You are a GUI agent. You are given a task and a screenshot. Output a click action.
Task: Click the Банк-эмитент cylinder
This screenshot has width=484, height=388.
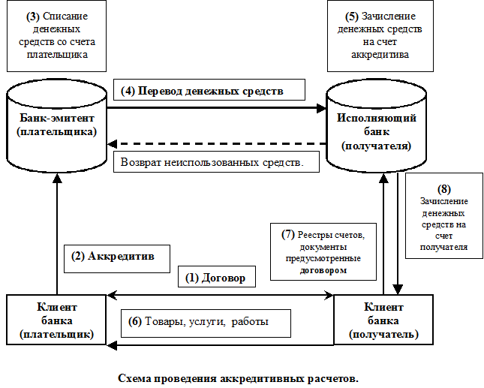click(57, 126)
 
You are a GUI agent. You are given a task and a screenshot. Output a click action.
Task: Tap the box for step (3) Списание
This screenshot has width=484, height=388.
click(57, 35)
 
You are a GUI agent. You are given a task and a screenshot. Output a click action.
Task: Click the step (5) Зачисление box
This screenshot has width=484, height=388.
click(379, 35)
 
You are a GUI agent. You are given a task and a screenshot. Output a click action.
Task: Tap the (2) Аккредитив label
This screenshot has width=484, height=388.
click(113, 256)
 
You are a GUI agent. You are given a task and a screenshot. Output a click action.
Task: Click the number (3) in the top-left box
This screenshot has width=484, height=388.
click(33, 16)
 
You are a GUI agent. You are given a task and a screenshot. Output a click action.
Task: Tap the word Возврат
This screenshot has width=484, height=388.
click(140, 162)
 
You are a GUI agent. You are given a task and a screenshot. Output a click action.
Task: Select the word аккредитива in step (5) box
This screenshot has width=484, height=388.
click(379, 55)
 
